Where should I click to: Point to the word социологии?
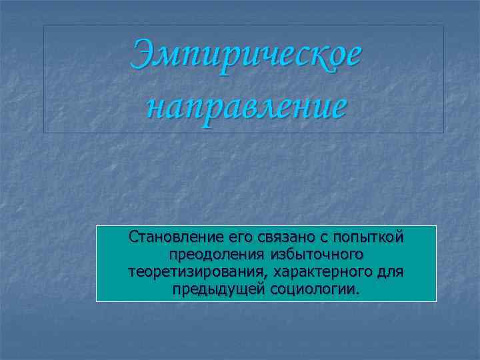[313, 290]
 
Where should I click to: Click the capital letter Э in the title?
[145, 55]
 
